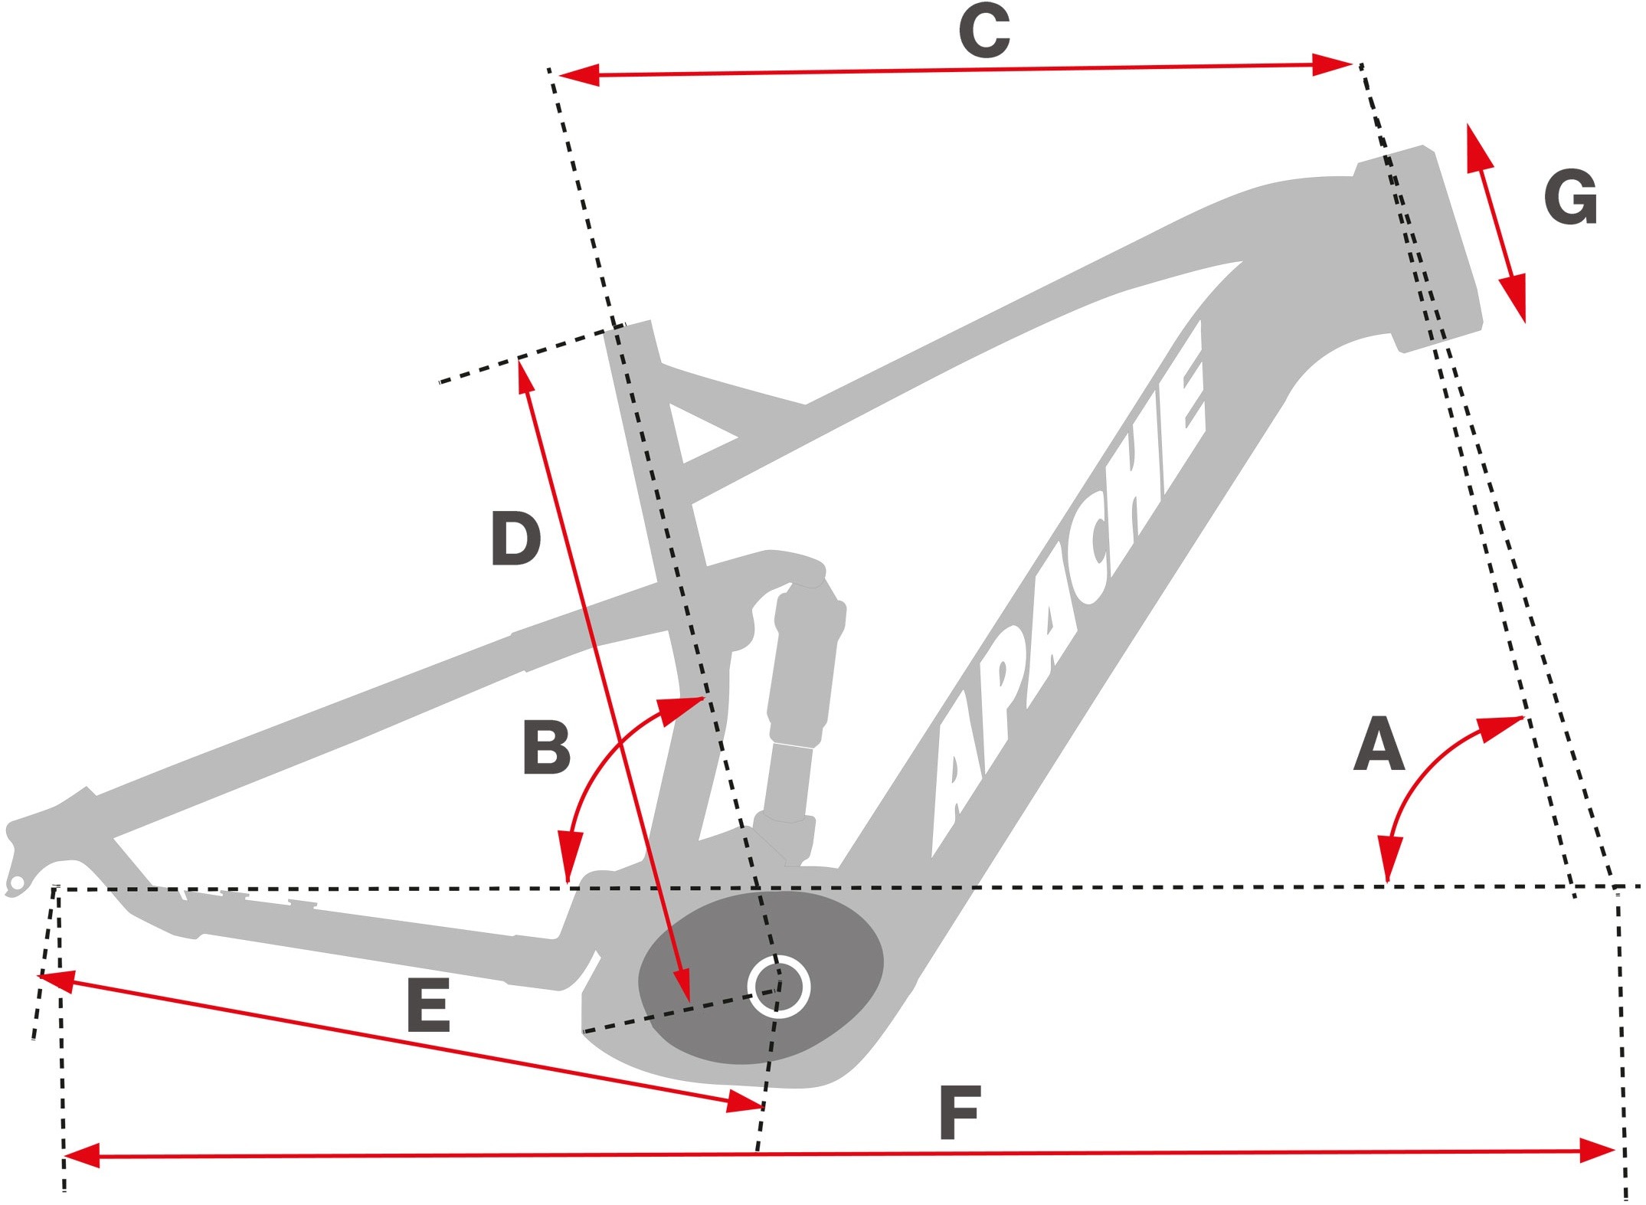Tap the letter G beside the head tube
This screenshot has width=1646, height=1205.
point(1570,198)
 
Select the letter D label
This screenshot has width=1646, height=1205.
point(515,539)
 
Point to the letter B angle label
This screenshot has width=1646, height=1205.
point(546,748)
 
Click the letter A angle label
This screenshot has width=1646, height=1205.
point(1379,744)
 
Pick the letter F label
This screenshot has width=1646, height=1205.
point(960,1112)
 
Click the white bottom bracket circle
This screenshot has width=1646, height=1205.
point(779,987)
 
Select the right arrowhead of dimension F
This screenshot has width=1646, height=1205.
point(1597,1151)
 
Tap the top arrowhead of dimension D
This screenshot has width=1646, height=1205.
point(523,376)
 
